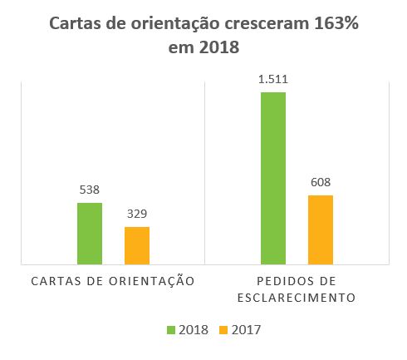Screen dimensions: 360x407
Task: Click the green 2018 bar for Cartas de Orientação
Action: [x=90, y=234]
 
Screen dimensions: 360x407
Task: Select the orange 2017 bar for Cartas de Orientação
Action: [x=137, y=246]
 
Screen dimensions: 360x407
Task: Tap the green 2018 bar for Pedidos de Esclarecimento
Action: [x=273, y=179]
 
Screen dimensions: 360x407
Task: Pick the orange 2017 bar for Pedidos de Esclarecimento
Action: [x=321, y=230]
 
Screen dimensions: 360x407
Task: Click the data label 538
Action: [x=90, y=190]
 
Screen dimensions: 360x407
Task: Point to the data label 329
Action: [x=137, y=214]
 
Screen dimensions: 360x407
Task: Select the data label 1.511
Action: [x=273, y=79]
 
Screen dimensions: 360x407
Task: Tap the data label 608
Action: [x=321, y=182]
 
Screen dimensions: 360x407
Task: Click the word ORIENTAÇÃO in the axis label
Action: [x=154, y=281]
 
